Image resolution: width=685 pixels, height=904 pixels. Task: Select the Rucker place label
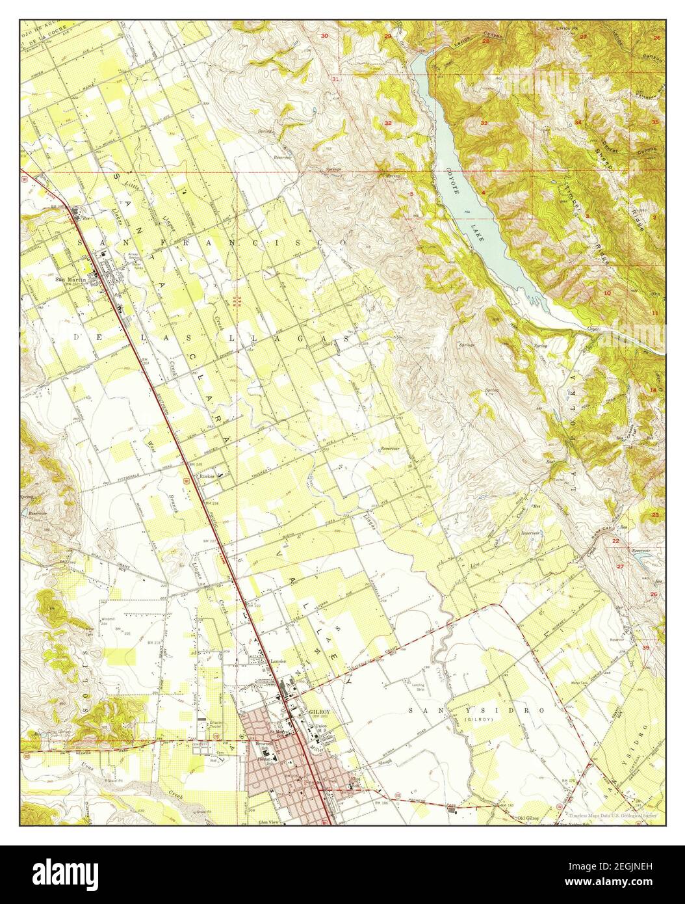pyautogui.click(x=207, y=474)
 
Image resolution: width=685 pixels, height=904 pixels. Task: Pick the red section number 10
pyautogui.click(x=606, y=293)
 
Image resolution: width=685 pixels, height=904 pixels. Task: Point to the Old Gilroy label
pyautogui.click(x=529, y=816)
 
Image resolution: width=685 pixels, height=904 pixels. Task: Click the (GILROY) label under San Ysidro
pyautogui.click(x=480, y=720)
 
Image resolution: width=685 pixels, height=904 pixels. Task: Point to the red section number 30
pyautogui.click(x=324, y=36)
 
